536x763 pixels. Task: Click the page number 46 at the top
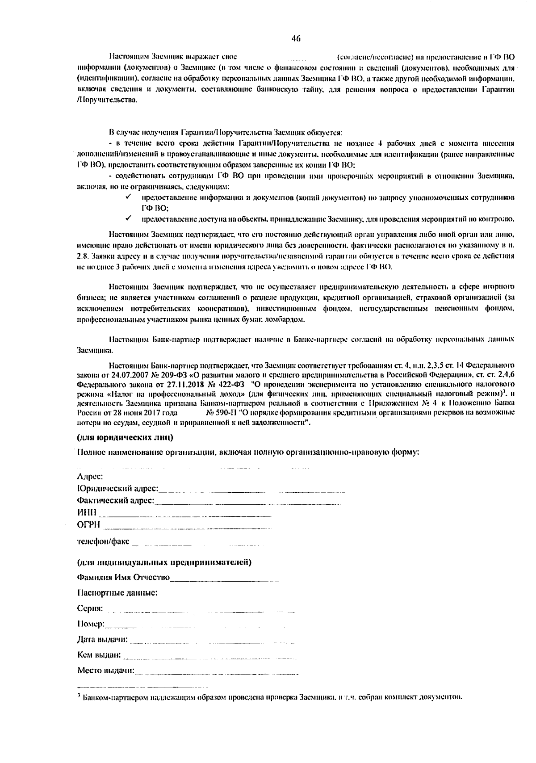coord(296,38)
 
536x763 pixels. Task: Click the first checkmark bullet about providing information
coord(128,197)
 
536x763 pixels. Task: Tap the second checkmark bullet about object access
coord(128,218)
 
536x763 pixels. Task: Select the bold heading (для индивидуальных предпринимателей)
coord(164,562)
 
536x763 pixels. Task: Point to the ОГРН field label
coord(88,524)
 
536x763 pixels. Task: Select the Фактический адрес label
coord(115,500)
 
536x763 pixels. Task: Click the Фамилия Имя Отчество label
coord(123,577)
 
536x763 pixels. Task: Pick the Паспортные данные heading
coord(117,593)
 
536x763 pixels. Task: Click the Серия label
coord(90,608)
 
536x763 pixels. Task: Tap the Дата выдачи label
coord(102,640)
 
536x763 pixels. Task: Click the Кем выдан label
coord(99,655)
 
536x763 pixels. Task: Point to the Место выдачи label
coord(105,671)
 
